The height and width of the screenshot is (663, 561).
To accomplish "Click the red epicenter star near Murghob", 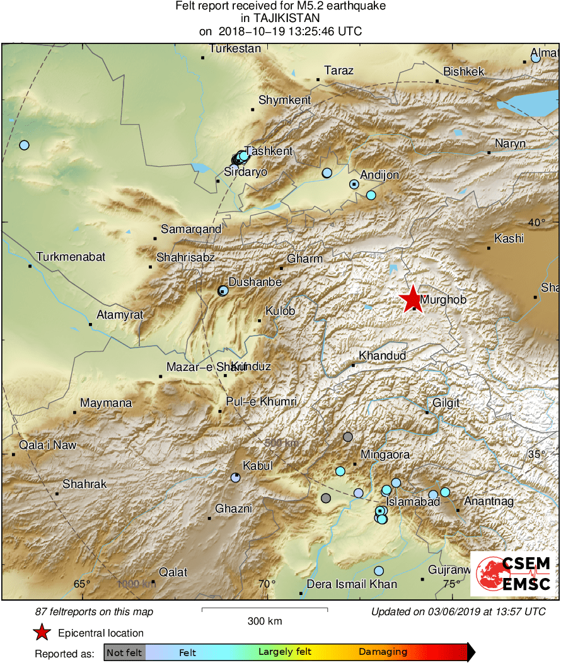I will [x=411, y=298].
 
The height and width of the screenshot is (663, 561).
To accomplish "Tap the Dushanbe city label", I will [x=255, y=283].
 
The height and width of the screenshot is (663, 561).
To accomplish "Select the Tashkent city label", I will [x=269, y=151].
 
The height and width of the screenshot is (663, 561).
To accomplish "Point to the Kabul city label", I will [x=258, y=466].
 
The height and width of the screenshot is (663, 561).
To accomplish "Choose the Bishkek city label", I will [x=463, y=72].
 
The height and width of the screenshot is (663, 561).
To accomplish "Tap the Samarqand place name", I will [x=191, y=229].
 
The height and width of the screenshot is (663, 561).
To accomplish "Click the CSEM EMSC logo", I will [x=514, y=574].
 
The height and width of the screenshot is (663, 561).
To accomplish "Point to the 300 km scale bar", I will [x=264, y=609].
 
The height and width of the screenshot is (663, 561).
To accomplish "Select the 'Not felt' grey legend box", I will [x=125, y=652].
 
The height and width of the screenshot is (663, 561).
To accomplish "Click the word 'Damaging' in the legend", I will [x=383, y=652].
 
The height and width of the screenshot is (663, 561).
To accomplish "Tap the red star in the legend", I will [x=42, y=633].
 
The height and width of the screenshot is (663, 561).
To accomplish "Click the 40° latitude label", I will [x=537, y=222].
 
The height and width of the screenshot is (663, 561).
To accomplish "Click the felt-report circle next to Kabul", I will [x=235, y=478].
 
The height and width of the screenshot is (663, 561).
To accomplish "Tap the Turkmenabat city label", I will [x=71, y=257].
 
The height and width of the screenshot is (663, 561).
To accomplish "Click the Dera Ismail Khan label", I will [x=352, y=584].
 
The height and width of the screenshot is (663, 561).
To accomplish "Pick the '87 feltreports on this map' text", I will [x=94, y=611].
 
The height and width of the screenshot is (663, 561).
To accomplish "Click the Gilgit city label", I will [x=446, y=403].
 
